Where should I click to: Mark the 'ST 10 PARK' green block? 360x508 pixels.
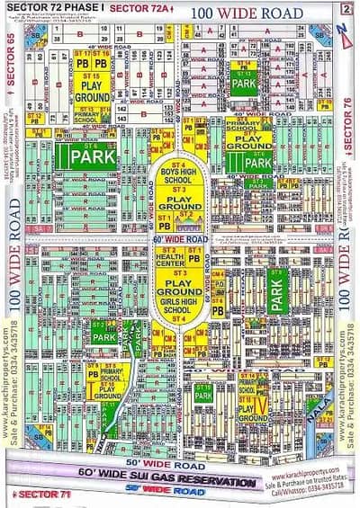(203, 394)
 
